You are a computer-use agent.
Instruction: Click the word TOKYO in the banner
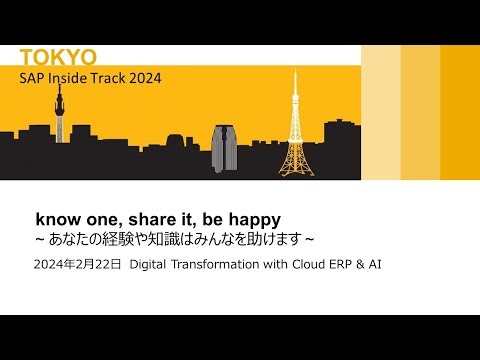click(x=59, y=57)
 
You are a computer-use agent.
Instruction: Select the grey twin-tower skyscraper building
click(x=224, y=147)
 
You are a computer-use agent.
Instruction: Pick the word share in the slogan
click(x=135, y=217)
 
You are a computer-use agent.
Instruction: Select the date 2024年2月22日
click(x=77, y=266)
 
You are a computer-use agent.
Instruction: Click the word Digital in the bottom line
click(x=151, y=266)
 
